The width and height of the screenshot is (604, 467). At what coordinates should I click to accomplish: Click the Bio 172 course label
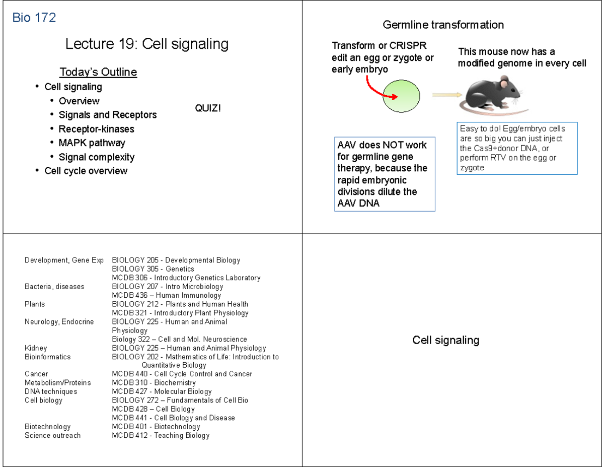tap(34, 18)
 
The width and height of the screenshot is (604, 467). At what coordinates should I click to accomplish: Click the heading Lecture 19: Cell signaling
tap(146, 44)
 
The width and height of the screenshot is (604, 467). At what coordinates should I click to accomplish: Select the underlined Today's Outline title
tap(98, 72)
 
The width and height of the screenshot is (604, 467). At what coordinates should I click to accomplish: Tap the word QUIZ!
tap(207, 108)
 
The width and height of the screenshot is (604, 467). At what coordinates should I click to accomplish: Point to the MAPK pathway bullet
tap(92, 143)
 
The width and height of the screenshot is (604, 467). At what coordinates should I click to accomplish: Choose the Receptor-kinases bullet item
tap(96, 129)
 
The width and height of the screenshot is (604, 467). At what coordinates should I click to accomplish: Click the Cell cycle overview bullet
tap(86, 171)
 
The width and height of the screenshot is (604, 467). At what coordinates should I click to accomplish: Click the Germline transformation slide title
tap(443, 25)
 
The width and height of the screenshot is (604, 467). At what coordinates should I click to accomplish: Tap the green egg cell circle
tap(401, 96)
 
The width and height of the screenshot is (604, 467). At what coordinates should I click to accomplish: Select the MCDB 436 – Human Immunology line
tap(166, 295)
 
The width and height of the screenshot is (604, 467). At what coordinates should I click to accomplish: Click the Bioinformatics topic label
tap(47, 357)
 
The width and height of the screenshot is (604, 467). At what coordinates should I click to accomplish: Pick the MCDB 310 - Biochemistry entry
tap(154, 383)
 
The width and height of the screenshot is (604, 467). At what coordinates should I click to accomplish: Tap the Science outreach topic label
tap(52, 435)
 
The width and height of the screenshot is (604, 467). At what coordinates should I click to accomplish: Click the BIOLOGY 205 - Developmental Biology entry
tap(176, 260)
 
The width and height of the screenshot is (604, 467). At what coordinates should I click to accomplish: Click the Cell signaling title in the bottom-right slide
tap(445, 340)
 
